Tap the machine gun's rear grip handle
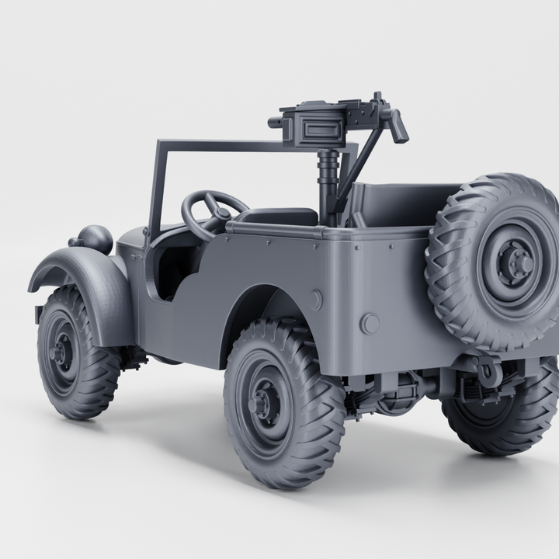398,126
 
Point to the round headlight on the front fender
95,238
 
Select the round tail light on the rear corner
370,324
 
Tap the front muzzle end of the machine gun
274,123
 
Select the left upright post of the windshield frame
158,186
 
